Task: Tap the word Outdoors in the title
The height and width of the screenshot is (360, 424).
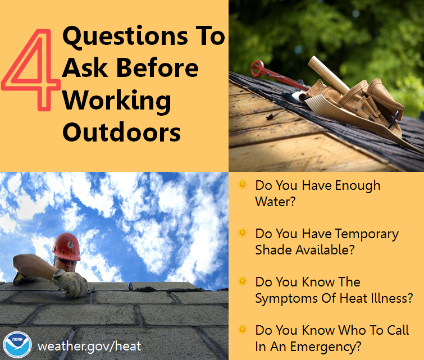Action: pos(121,133)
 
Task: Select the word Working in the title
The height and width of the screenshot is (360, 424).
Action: pos(116,101)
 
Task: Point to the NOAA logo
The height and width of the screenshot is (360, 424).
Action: pos(16,344)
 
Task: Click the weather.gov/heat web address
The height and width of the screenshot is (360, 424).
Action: pos(89,345)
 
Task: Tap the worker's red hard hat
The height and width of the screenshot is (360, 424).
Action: pos(66,245)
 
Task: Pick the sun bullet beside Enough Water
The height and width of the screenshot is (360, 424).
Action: pos(242,185)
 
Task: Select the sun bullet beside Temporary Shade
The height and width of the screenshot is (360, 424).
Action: pos(242,233)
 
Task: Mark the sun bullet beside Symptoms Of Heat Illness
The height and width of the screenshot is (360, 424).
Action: pos(242,281)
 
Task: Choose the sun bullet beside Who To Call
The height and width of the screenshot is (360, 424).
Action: pos(242,330)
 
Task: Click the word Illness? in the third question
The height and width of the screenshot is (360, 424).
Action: pos(387,298)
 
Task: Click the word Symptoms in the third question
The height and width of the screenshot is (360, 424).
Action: pos(285,298)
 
